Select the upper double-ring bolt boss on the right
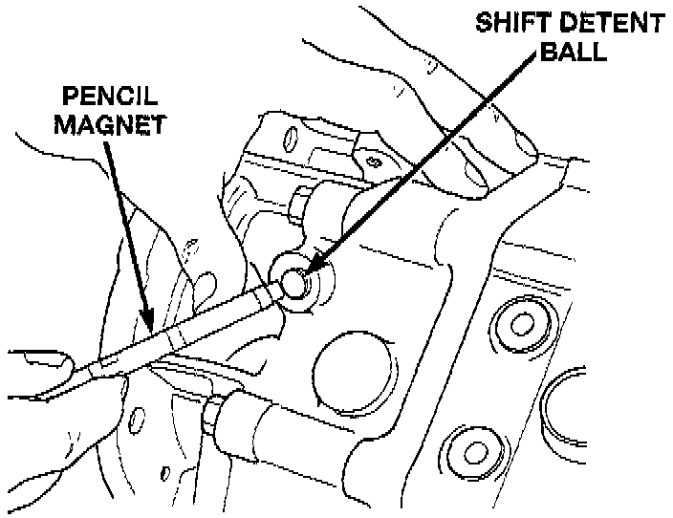[521, 323]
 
